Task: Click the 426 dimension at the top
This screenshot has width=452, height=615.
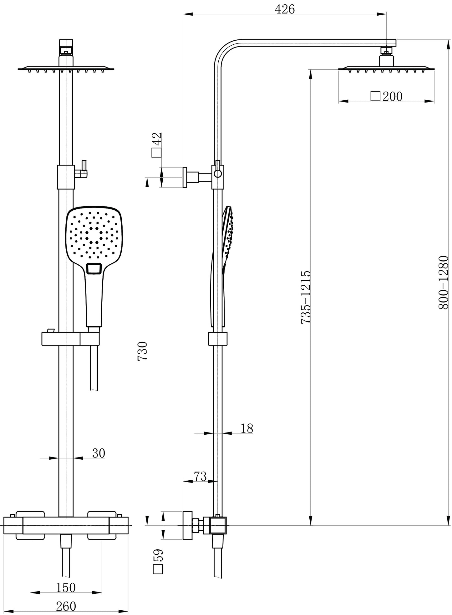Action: pos(284,10)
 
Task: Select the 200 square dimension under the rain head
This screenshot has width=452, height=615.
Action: pos(387,96)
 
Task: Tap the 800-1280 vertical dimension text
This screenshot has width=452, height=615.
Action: pos(443,282)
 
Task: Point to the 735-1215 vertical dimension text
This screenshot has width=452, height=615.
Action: pos(306,297)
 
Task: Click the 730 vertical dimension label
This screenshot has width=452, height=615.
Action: pos(142,351)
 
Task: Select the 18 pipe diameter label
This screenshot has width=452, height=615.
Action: pos(247,428)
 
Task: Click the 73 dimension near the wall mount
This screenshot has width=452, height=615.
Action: pos(200,476)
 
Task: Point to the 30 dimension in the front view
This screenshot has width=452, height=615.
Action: pos(99,453)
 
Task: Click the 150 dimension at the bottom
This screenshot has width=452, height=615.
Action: pos(66,587)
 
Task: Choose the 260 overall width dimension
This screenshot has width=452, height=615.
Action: pos(66,606)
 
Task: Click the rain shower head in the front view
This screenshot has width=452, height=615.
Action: pos(66,68)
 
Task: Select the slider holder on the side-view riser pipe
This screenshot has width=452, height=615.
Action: pos(217,339)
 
